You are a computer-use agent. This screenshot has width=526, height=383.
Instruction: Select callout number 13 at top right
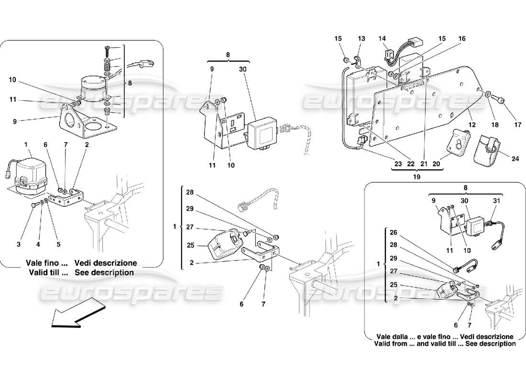(x=361, y=38)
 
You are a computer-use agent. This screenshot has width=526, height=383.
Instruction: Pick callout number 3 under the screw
(x=19, y=244)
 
